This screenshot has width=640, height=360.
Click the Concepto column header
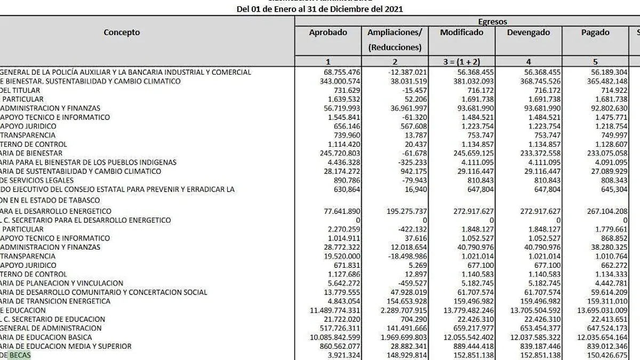122,33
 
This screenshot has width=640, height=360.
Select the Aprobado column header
328,33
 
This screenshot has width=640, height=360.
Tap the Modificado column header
461,33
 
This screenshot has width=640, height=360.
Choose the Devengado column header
528,33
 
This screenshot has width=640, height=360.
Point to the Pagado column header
595,33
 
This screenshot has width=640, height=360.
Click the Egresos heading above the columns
492,22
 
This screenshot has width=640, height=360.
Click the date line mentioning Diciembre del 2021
319,9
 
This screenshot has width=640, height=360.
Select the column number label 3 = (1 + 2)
461,61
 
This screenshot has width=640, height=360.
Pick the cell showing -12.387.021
406,72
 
